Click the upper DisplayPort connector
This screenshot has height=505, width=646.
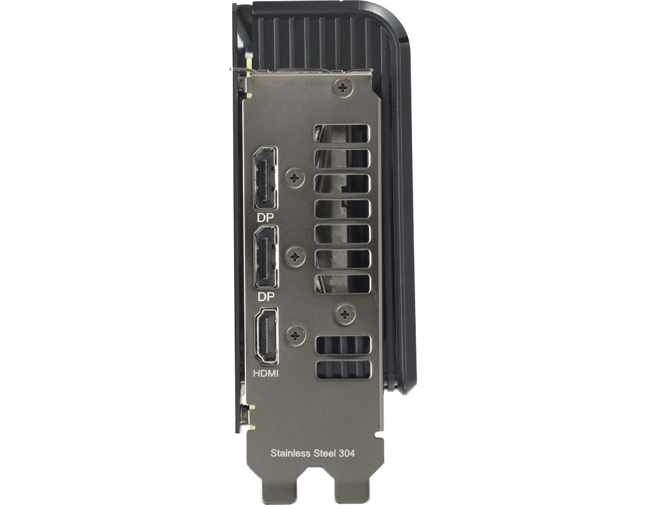[x=266, y=178]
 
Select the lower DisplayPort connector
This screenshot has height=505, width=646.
[x=266, y=258]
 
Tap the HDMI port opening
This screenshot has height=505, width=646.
[x=267, y=336]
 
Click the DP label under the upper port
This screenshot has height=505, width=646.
[x=266, y=218]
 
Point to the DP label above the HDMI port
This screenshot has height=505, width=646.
[x=266, y=297]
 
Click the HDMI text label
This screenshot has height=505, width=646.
[x=266, y=374]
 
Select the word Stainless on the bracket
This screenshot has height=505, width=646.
[x=290, y=453]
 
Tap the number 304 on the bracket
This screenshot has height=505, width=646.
[x=347, y=453]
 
